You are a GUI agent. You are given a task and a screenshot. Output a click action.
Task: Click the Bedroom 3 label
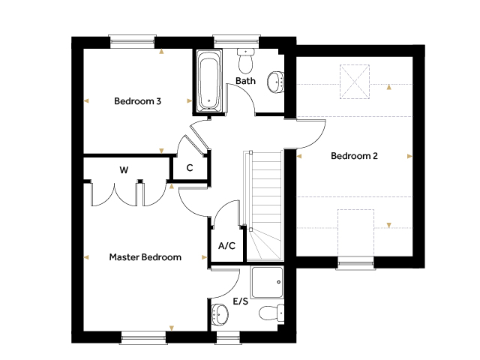pos(137,101)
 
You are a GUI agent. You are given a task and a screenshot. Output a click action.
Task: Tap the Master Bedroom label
pos(145,256)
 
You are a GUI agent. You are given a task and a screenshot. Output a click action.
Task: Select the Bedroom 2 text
pos(354,156)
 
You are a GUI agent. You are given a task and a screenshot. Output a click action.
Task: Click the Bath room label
pos(245,81)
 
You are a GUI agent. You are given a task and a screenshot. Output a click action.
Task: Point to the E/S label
pos(241,301)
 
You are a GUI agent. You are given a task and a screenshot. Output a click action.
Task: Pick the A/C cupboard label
pos(226,245)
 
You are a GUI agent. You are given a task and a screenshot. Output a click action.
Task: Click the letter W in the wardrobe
pos(124,170)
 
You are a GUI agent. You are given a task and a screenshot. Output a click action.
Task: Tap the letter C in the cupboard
pos(190,168)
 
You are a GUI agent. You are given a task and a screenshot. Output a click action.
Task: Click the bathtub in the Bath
pos(209,81)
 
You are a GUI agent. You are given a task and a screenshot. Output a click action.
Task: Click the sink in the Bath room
pos(275,82)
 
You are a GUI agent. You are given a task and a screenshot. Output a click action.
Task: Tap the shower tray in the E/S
pos(267,282)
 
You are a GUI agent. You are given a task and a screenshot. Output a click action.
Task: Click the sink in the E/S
pos(220,313)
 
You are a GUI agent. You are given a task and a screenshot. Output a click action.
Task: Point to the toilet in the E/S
pos(271,313)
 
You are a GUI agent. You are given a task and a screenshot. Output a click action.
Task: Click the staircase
pos(263,205)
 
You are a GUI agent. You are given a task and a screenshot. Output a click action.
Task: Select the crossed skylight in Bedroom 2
pos(355,82)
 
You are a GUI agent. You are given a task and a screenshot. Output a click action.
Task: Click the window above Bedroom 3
pos(132,42)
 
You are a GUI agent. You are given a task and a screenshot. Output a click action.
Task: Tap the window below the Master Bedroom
pos(144,337)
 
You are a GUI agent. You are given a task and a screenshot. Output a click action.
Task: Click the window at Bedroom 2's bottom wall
pos(355,263)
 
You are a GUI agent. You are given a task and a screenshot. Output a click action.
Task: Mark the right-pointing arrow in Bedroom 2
pos(410,157)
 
